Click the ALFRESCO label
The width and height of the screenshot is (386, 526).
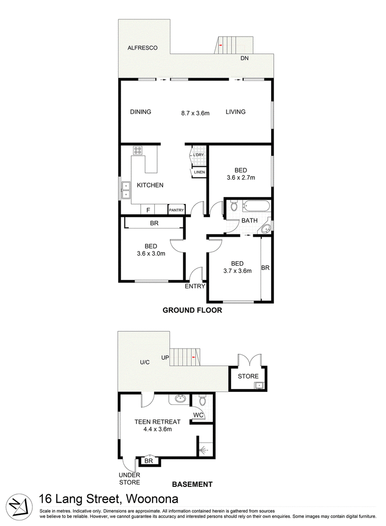point(142,48)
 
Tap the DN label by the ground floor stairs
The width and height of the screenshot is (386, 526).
point(244,58)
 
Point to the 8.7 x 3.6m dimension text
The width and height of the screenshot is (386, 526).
point(195,113)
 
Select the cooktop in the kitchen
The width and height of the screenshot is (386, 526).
point(138,150)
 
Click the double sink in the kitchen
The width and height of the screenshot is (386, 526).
point(126,190)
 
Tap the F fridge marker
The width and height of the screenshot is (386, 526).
point(148,210)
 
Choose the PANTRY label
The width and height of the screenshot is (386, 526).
point(176,210)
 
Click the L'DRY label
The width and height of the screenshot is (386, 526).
point(198,155)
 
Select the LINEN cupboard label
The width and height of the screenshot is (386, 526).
point(199,172)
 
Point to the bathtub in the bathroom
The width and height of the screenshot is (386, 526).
point(256,206)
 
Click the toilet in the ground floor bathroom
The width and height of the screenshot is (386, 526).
point(234,206)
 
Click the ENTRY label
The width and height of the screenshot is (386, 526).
point(194,286)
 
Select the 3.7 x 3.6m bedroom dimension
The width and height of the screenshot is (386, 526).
point(237,271)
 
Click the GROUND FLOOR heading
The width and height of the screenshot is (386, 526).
point(193,310)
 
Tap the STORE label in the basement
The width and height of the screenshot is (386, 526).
point(248,377)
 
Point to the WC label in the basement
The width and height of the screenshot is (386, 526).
point(198,415)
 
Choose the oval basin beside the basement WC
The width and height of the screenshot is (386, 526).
point(180,399)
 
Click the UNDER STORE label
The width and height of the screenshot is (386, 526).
point(130,479)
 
